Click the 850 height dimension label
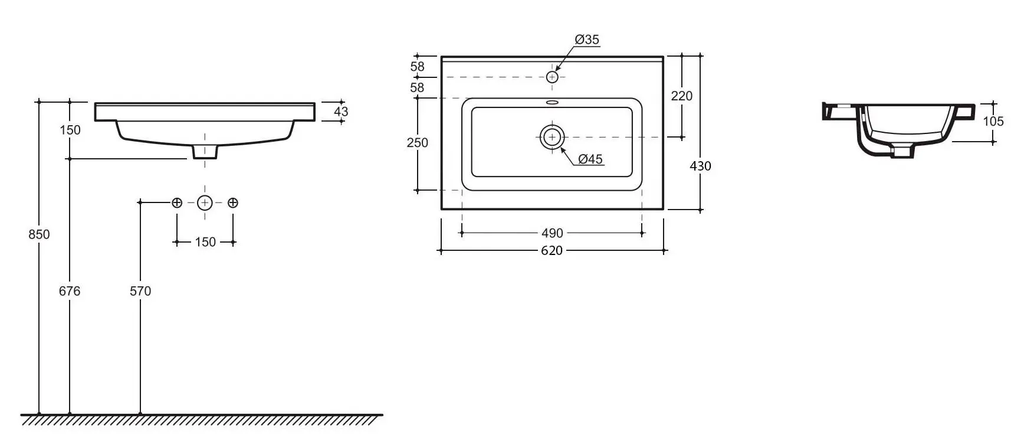pos(39,234)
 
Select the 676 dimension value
pos(70,291)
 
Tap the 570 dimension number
pos(140,291)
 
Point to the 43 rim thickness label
pos(341,112)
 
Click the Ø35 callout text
pos(587,40)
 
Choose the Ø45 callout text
pos(590,159)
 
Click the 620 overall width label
pos(552,251)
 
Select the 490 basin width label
pos(552,233)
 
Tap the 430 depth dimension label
pos(700,166)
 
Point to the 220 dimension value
pos(682,96)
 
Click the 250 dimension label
pos(418,142)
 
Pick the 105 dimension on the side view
pos(993,122)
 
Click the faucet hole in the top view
pos(552,77)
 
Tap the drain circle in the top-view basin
pos(552,137)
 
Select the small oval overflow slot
pos(552,103)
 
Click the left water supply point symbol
pos(177,203)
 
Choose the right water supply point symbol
pos(233,203)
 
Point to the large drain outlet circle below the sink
pos(205,203)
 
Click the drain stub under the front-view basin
pos(205,152)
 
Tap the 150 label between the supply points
pos(205,242)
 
